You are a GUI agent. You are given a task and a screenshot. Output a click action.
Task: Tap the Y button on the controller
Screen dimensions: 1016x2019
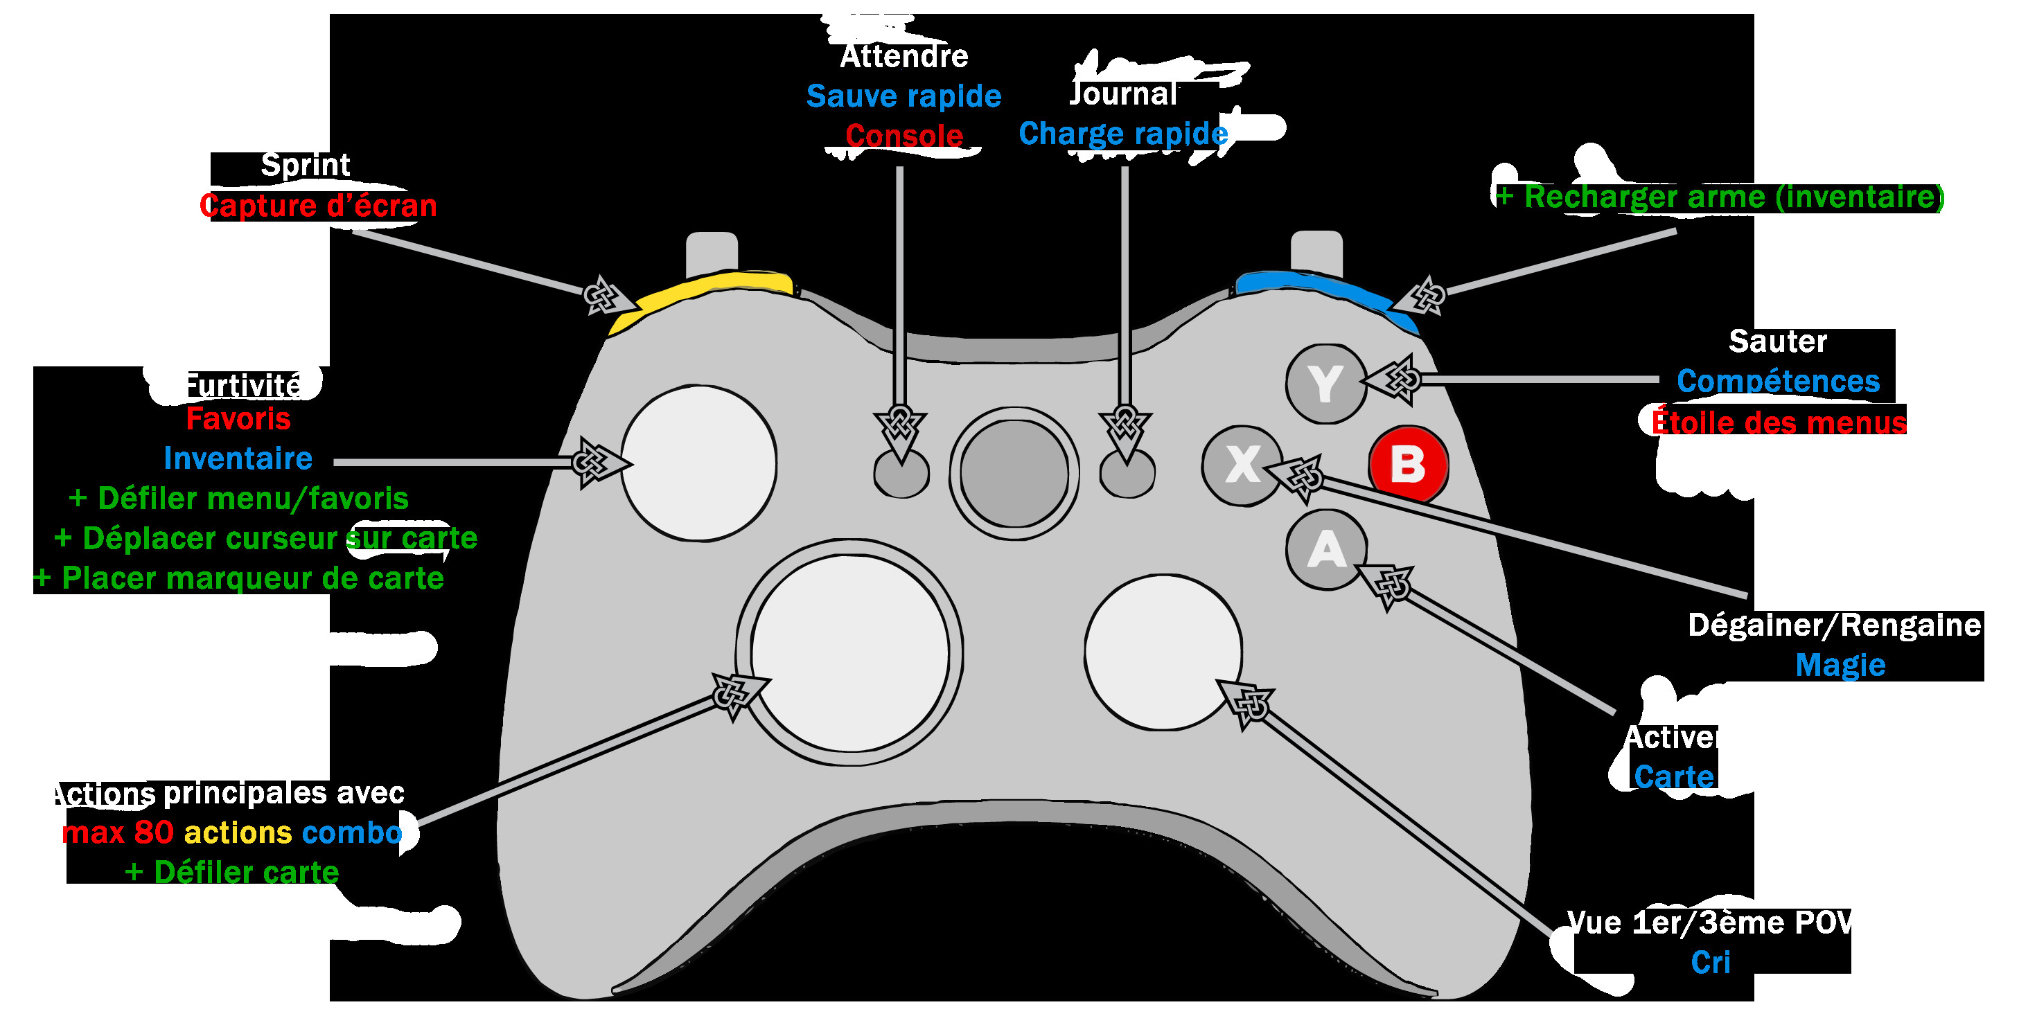click(x=1325, y=384)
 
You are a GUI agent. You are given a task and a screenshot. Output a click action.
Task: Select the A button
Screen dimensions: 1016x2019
click(x=1325, y=549)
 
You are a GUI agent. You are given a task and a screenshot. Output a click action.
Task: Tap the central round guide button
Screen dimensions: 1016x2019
click(x=1014, y=473)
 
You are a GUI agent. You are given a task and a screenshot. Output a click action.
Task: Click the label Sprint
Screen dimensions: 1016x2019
click(x=305, y=166)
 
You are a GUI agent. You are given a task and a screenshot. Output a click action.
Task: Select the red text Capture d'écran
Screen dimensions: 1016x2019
click(x=318, y=206)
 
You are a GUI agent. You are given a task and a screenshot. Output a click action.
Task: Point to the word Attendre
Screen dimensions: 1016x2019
click(x=903, y=56)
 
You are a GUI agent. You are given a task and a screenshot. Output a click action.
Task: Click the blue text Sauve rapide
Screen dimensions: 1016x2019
click(x=903, y=96)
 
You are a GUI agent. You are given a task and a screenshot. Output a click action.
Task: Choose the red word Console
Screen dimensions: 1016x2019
click(x=903, y=136)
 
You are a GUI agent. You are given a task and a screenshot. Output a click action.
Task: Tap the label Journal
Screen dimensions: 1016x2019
click(x=1123, y=94)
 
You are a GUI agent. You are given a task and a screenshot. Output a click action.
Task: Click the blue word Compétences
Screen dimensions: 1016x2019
click(x=1778, y=382)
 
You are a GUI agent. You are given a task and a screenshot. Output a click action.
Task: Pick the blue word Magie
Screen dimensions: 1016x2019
click(x=1840, y=665)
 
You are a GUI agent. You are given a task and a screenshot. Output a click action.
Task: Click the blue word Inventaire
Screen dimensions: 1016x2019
click(x=238, y=458)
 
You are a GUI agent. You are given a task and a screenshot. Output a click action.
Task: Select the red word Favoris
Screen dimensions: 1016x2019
click(x=238, y=419)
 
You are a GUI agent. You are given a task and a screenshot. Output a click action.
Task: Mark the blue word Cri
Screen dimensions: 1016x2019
click(x=1709, y=962)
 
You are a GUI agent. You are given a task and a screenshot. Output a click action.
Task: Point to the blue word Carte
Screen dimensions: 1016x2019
click(x=1673, y=776)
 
